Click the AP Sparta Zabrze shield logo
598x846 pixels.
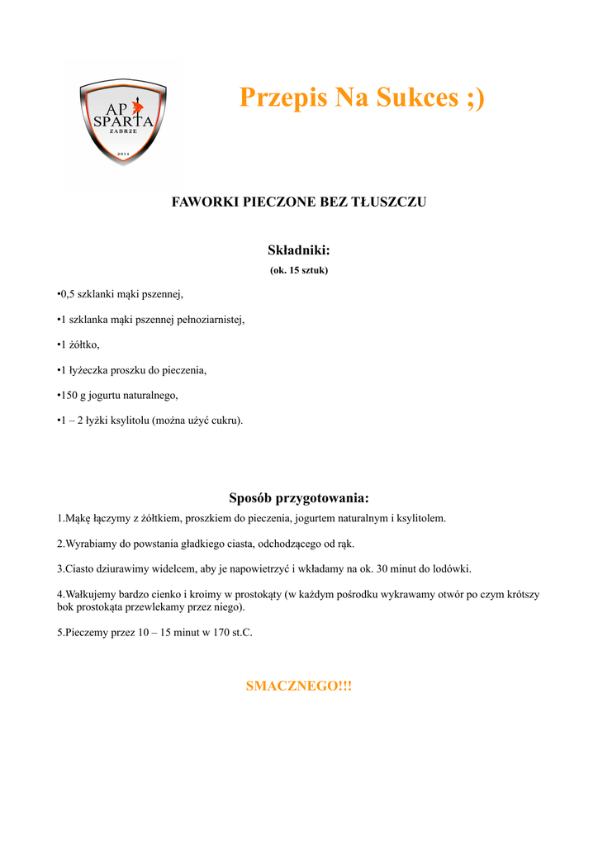click(123, 121)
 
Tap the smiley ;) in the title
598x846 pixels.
click(475, 97)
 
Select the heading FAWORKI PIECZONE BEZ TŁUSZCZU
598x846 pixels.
click(298, 202)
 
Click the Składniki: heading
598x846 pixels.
click(298, 250)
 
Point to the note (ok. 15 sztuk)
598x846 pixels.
click(298, 270)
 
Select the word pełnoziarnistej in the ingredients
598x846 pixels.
click(211, 319)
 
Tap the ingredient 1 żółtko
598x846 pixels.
click(78, 345)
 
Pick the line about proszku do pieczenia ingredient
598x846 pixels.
click(131, 370)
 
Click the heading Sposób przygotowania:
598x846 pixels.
click(298, 497)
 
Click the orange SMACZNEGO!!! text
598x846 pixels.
click(298, 687)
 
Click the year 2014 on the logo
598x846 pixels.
click(123, 154)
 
